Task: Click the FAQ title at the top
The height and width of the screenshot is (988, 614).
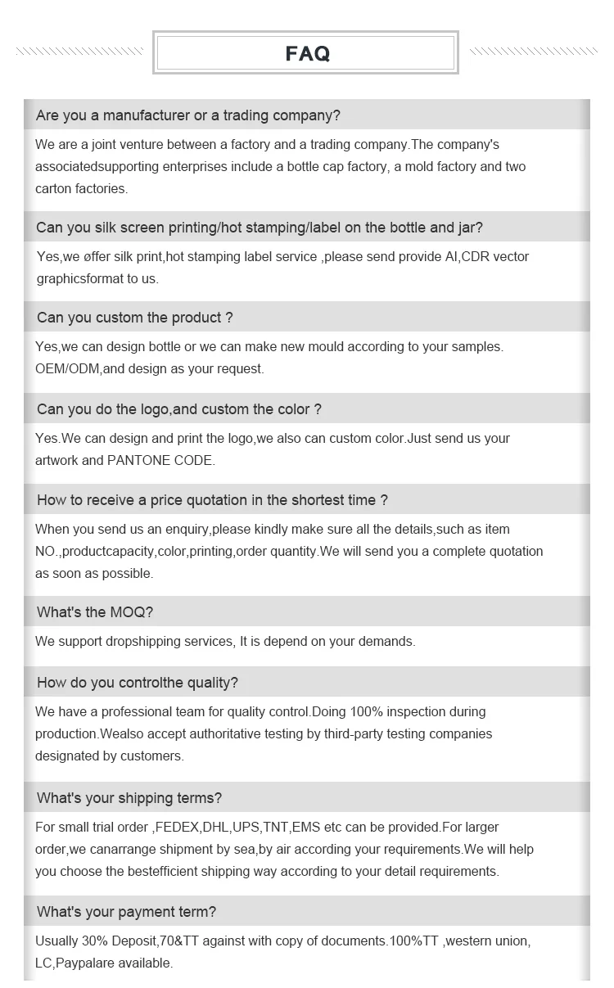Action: pyautogui.click(x=307, y=54)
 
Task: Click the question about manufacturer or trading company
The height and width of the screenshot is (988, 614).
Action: pyautogui.click(x=187, y=115)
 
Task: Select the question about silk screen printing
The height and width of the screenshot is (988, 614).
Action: pyautogui.click(x=259, y=228)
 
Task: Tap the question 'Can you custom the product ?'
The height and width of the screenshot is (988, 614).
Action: pyautogui.click(x=134, y=318)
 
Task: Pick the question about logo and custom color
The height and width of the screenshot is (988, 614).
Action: pyautogui.click(x=178, y=409)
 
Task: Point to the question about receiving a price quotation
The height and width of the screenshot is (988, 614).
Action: pyautogui.click(x=211, y=500)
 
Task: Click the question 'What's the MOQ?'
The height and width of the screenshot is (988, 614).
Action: pyautogui.click(x=94, y=612)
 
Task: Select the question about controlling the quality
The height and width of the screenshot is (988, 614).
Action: pyautogui.click(x=137, y=683)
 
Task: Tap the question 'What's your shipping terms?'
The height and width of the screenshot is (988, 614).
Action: pyautogui.click(x=129, y=798)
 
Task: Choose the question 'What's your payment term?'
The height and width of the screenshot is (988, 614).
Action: pyautogui.click(x=126, y=912)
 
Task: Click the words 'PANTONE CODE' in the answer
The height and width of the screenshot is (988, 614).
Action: pyautogui.click(x=160, y=461)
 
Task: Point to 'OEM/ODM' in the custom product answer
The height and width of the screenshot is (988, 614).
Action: pyautogui.click(x=67, y=369)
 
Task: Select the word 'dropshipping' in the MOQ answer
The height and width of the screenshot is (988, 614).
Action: pyautogui.click(x=144, y=642)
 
